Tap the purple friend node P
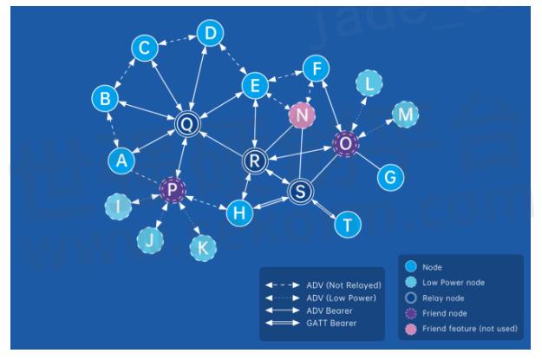pos(172,190)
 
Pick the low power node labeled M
pos(404,114)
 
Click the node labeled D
pos(209,34)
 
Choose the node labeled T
pos(348,226)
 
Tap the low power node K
pos(204,248)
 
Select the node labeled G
pos(390,177)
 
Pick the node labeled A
pos(122,160)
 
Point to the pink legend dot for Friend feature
pos(413,328)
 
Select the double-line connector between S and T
pos(324,209)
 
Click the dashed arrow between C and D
pos(177,41)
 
